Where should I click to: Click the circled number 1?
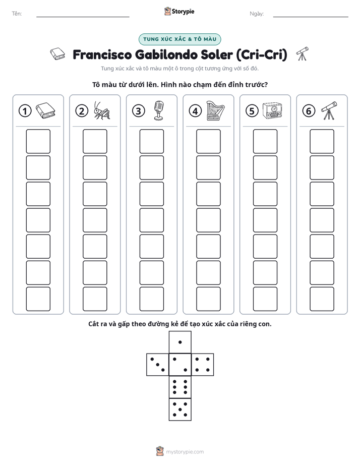point(25,111)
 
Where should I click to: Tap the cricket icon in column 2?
point(102,110)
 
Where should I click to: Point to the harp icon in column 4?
point(215,110)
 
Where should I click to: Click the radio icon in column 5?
point(272,111)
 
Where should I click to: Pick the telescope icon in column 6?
point(329,110)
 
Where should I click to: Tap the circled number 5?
point(252,111)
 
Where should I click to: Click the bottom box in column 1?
point(38,299)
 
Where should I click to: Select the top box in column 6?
point(322,141)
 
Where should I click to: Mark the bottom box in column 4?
point(208,299)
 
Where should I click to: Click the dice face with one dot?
point(180,342)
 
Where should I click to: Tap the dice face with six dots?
point(180,387)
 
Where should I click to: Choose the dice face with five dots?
point(180,410)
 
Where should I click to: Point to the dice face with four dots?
point(203,364)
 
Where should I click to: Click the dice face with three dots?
point(157,364)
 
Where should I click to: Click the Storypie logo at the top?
point(179,11)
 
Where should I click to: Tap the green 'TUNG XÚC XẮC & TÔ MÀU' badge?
point(179,39)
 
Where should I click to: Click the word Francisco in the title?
point(102,54)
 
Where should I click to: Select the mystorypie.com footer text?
point(185,452)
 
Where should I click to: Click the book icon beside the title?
point(57,54)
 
